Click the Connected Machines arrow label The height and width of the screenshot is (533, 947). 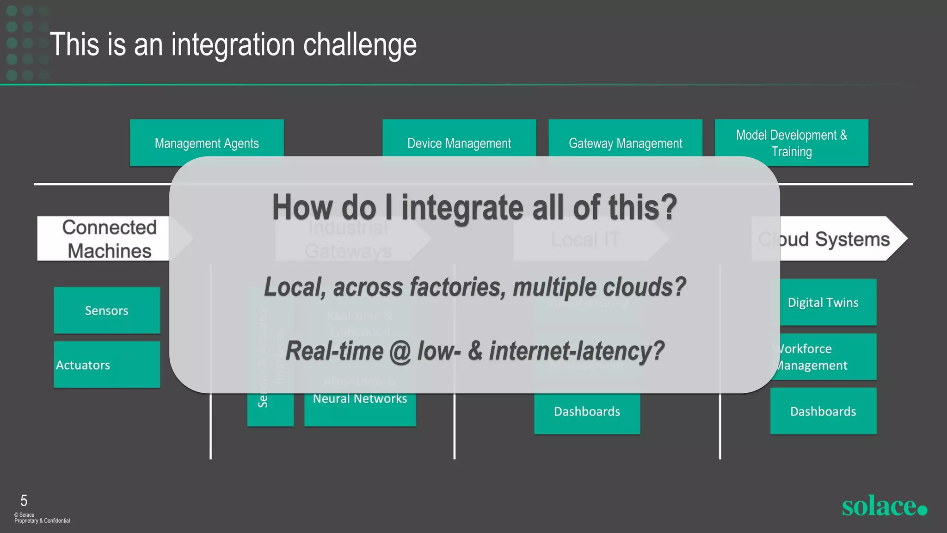coord(109,239)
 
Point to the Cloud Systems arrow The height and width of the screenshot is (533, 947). coord(842,239)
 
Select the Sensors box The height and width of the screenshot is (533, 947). coord(107,310)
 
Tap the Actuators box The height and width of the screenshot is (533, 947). coord(107,365)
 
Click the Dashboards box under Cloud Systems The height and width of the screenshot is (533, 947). coord(823,411)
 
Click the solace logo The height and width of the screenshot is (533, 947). coord(884,506)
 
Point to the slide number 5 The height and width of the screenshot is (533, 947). coord(24,501)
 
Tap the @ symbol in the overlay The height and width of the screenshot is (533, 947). coord(400,351)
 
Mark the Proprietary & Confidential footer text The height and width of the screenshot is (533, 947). coord(42,521)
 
